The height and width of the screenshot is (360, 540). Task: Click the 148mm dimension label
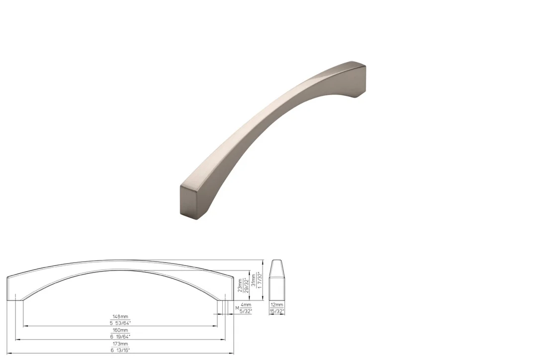(120, 317)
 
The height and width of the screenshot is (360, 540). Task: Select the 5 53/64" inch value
(120, 323)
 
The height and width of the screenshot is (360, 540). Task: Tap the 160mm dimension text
(120, 330)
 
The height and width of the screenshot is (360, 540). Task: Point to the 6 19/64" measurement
(120, 337)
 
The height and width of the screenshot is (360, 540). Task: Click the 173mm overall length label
(120, 344)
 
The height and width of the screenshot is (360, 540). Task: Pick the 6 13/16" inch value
(120, 351)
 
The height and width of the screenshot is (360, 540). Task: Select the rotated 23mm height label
(240, 285)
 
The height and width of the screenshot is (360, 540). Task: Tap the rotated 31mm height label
(254, 280)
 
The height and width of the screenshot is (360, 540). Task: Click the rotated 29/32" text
(247, 285)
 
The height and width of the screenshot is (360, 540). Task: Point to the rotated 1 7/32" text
(260, 280)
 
